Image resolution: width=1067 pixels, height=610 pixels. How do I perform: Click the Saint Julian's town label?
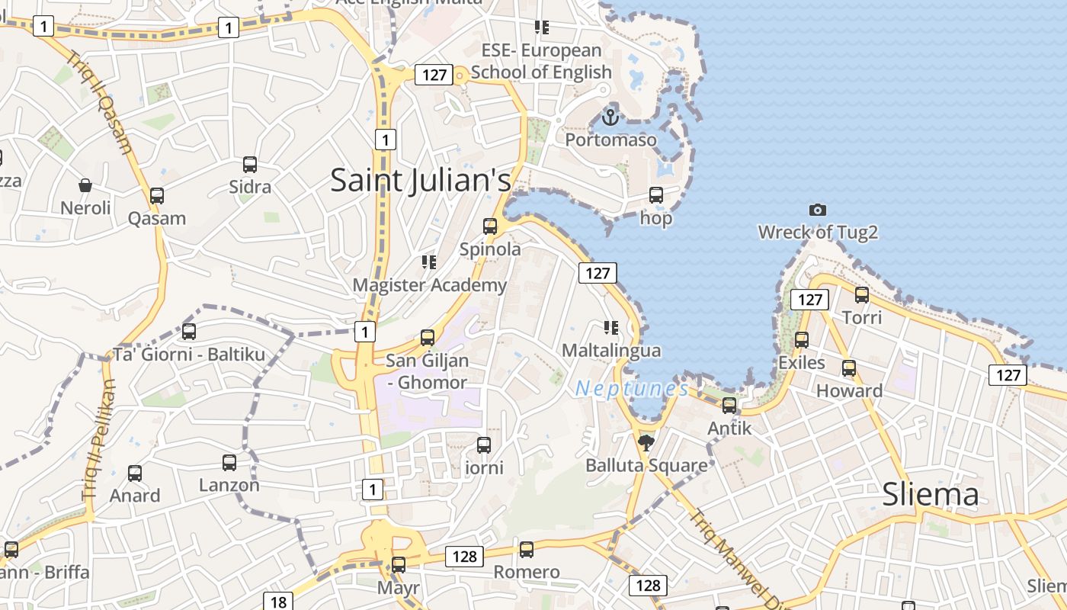(x=421, y=181)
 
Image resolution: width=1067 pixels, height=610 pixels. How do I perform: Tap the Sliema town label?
(x=930, y=494)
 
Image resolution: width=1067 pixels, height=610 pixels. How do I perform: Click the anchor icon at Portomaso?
(x=610, y=117)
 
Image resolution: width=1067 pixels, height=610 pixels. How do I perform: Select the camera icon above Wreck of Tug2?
(x=817, y=210)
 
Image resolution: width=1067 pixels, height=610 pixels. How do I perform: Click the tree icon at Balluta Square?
(x=646, y=442)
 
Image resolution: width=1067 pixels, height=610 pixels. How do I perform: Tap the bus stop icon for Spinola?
(x=490, y=226)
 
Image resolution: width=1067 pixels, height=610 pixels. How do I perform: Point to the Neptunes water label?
(x=632, y=389)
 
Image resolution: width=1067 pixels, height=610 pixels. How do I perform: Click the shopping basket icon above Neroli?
(x=85, y=185)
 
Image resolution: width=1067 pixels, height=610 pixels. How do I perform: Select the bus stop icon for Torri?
(x=862, y=295)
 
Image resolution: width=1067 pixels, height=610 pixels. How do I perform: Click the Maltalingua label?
(x=611, y=351)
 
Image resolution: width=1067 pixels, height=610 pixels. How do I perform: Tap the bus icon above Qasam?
(x=157, y=196)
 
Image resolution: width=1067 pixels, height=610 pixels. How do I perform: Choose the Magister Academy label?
(x=429, y=285)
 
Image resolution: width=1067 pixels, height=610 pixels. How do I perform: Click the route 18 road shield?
(x=278, y=602)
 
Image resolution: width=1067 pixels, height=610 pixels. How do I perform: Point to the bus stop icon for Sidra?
(x=250, y=165)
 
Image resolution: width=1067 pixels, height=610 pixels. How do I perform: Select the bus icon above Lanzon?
(x=229, y=463)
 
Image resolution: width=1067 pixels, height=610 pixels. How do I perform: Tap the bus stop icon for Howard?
(x=849, y=368)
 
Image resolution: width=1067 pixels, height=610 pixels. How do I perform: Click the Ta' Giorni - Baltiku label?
(x=189, y=355)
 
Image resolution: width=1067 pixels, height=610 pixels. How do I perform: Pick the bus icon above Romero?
(x=526, y=550)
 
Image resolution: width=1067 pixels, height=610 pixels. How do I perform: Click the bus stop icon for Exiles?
(x=802, y=340)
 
